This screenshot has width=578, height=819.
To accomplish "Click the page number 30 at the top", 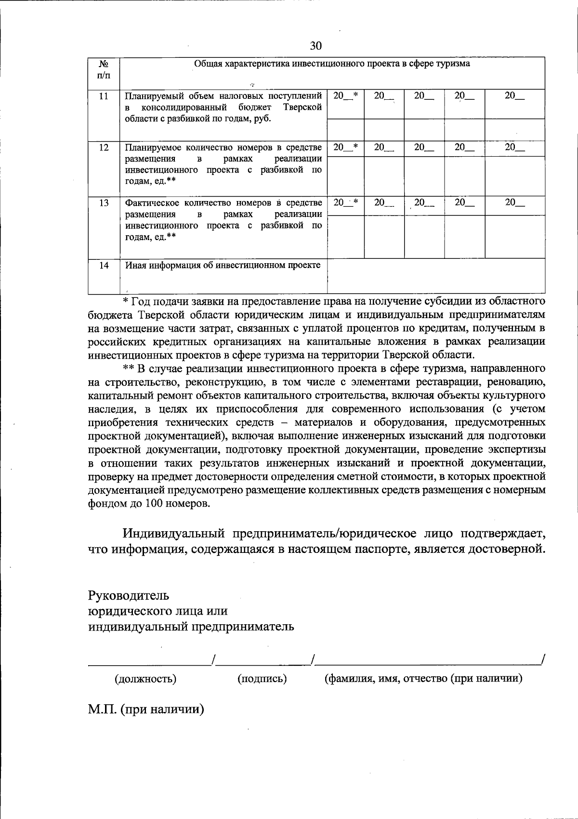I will (x=315, y=46).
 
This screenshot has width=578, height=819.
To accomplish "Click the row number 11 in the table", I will (x=104, y=96).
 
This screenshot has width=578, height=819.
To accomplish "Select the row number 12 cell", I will (x=104, y=148).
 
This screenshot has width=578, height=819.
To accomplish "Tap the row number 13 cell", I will (x=104, y=203).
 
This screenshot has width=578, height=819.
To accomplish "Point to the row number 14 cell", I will (x=104, y=266).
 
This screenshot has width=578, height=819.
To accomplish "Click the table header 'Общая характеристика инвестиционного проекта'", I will (x=332, y=64).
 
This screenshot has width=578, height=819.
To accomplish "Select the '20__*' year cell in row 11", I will (x=345, y=96).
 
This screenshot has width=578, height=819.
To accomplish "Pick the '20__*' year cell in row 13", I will (x=345, y=203).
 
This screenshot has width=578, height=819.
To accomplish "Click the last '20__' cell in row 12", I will (x=514, y=148).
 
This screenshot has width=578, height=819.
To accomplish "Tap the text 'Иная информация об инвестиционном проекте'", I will (x=223, y=266).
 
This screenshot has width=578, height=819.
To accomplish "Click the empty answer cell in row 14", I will (x=436, y=276).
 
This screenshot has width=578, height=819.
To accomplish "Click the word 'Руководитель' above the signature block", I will (x=128, y=595).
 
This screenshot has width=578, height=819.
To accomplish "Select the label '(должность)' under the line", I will (x=145, y=679).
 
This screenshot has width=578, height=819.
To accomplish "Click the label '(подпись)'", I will (x=262, y=679).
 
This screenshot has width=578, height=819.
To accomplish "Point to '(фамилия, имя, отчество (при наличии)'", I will (x=423, y=679).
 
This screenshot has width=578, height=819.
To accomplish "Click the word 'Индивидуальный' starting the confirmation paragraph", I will (x=174, y=534).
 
